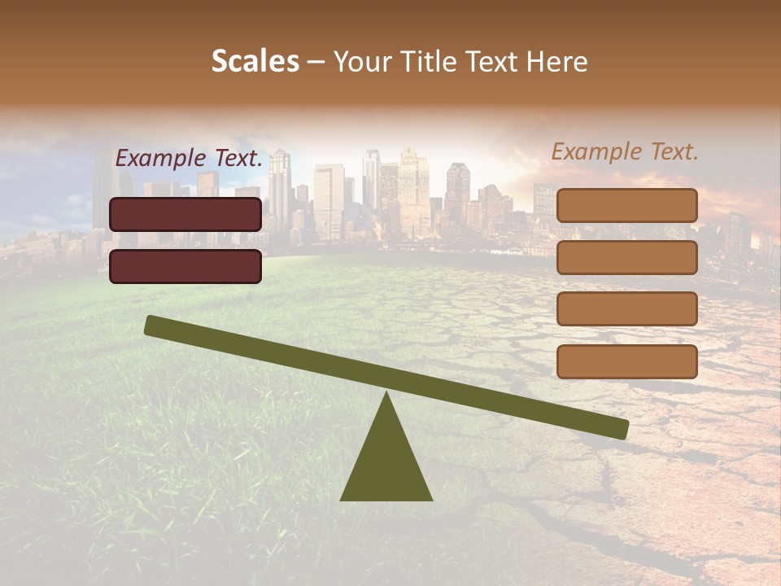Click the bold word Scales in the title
255,61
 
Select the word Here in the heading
557,61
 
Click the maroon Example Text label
189,158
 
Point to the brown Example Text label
625,151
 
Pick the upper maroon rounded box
185,214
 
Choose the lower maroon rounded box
185,266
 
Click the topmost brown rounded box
627,205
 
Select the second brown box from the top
627,257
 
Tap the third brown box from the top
627,309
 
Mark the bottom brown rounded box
627,361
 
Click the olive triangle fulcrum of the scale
386,464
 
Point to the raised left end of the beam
151,325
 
